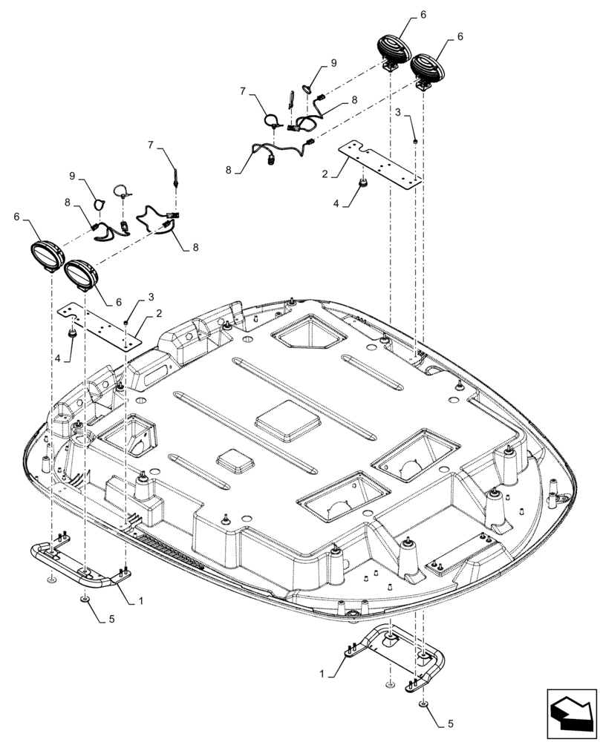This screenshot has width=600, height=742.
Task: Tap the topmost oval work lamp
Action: pos(396,50)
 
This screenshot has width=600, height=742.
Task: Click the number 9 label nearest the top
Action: pos(333,62)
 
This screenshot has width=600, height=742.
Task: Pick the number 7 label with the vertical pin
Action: pos(151,145)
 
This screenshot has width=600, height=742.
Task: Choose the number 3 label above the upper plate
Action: pos(399,112)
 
